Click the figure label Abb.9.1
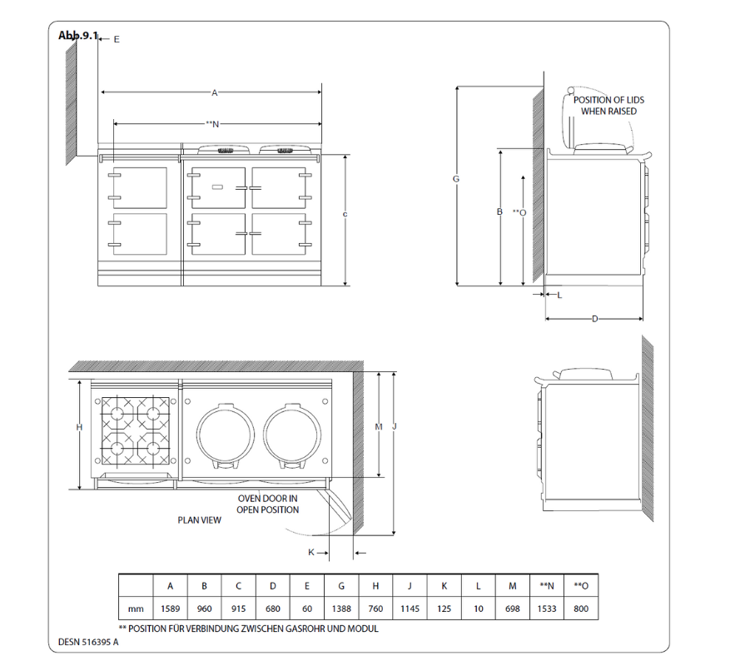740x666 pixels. [x=78, y=35]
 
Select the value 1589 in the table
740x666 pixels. [x=171, y=609]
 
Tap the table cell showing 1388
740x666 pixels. [x=341, y=609]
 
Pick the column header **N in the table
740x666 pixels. [x=547, y=586]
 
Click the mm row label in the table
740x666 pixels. [x=136, y=609]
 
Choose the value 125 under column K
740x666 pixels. [x=444, y=609]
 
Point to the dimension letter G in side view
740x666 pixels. [x=455, y=179]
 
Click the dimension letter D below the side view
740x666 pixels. [x=594, y=319]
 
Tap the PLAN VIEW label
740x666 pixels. [x=199, y=519]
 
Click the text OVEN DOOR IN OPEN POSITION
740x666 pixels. [x=267, y=504]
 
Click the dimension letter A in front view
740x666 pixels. [x=214, y=93]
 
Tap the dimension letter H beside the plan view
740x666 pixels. [x=79, y=427]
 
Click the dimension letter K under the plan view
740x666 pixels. [x=311, y=552]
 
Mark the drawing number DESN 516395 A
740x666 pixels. [x=88, y=642]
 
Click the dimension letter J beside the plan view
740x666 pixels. [x=394, y=427]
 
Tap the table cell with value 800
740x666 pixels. [x=581, y=609]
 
